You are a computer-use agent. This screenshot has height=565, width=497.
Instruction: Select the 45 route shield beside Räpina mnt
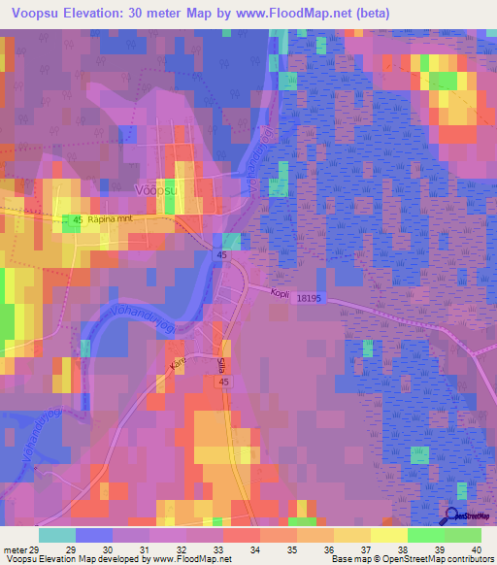click(75, 220)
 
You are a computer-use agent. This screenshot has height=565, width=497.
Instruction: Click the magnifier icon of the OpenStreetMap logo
click(453, 517)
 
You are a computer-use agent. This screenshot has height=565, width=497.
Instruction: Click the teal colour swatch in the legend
click(57, 535)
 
